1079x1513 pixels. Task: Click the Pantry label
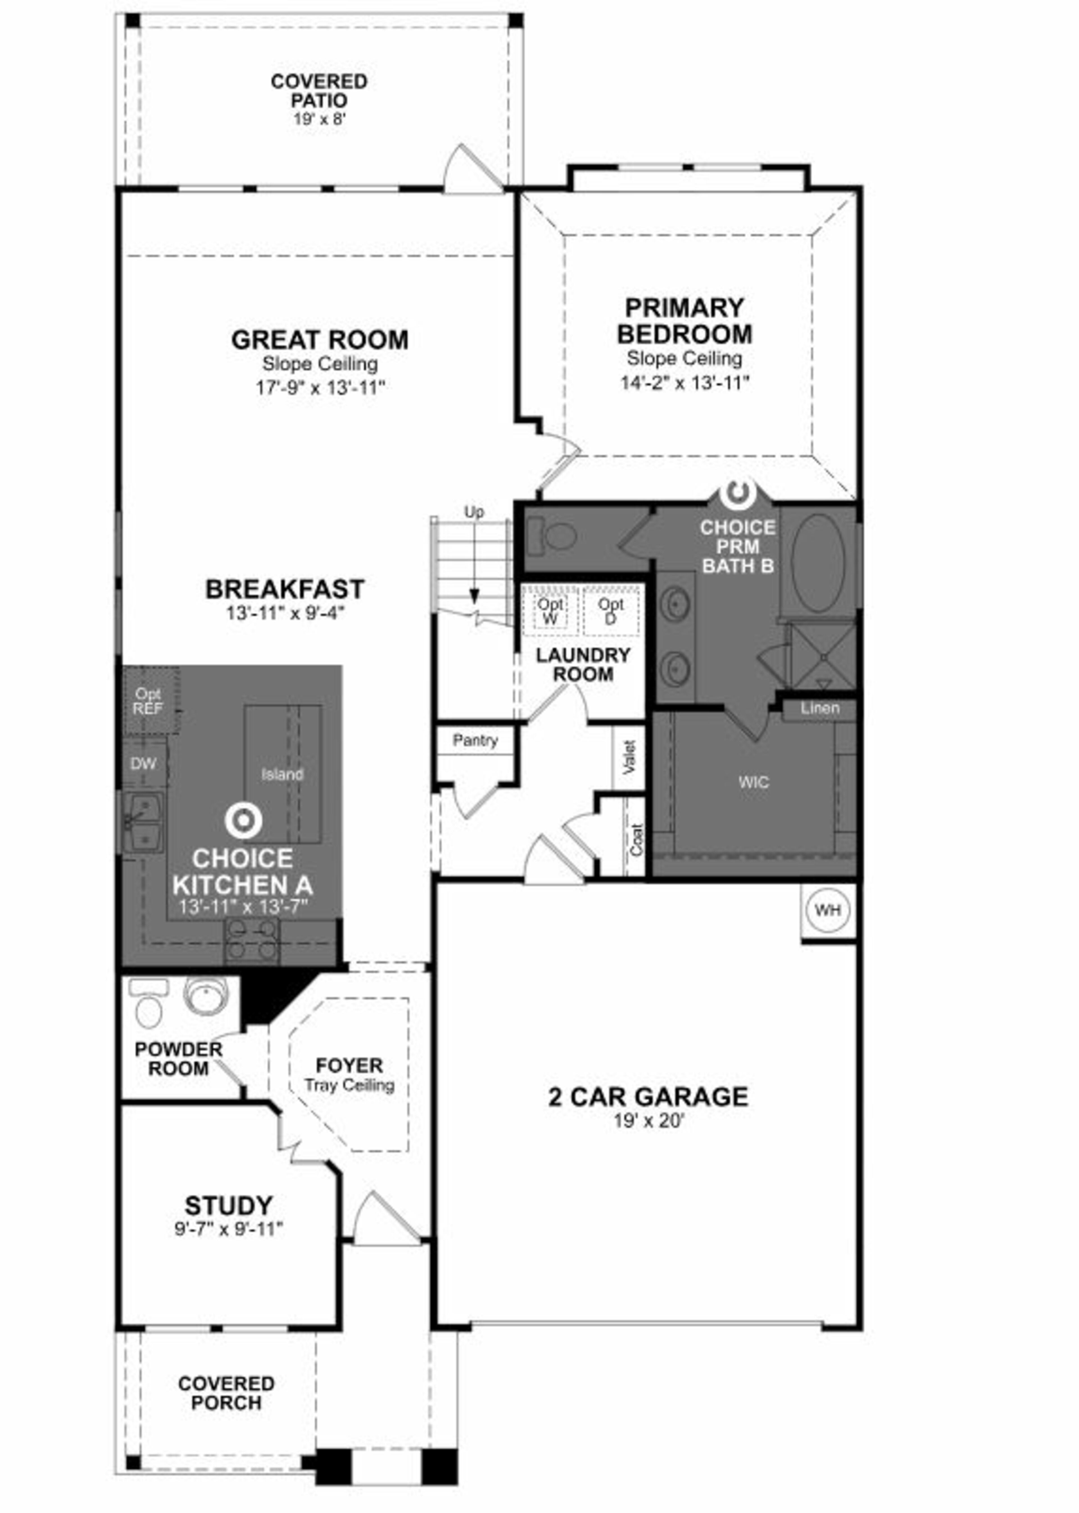click(x=475, y=740)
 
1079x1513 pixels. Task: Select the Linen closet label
click(x=819, y=708)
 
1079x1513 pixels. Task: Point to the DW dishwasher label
click(x=144, y=764)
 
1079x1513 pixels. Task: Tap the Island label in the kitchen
click(x=282, y=774)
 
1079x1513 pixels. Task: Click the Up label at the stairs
click(x=474, y=512)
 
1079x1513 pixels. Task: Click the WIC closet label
click(x=753, y=782)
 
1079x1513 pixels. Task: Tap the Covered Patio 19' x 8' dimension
click(x=319, y=120)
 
